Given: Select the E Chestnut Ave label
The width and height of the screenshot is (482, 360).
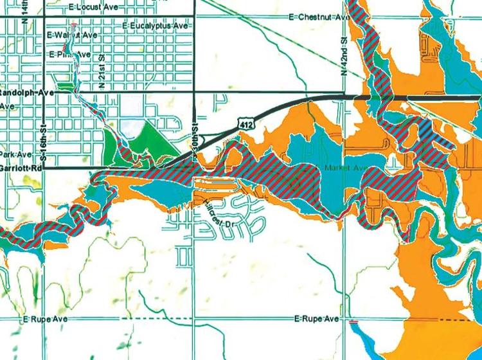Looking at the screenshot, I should tap(319, 17).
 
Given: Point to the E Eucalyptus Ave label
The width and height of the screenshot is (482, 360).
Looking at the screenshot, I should tap(154, 26).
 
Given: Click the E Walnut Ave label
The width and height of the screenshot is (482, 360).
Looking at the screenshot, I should tap(68, 34).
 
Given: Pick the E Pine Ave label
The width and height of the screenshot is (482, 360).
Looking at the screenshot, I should tap(68, 54).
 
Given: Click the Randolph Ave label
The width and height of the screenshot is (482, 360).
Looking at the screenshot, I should tap(25, 92).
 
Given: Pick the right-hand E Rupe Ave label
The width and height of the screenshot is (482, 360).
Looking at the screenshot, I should tap(316, 319).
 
